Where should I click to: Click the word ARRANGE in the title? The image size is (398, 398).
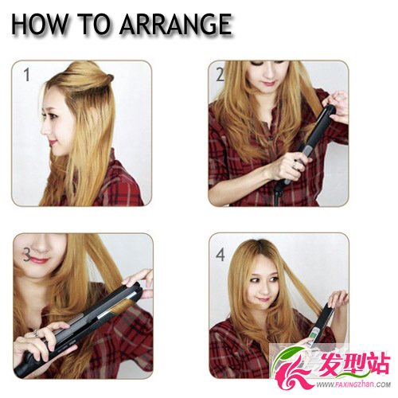point(176,24)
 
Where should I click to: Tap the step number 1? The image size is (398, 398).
point(26,75)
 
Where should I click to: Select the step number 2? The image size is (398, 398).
point(220,75)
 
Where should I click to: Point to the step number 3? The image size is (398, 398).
point(27,255)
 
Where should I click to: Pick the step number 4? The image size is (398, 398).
point(220,255)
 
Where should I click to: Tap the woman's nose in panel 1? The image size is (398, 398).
point(44,129)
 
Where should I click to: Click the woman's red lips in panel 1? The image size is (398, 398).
point(53,142)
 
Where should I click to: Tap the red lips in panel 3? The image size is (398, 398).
point(38,259)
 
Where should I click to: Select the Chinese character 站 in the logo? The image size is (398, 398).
point(378,365)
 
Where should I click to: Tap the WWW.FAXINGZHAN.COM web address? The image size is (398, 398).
point(353,384)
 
